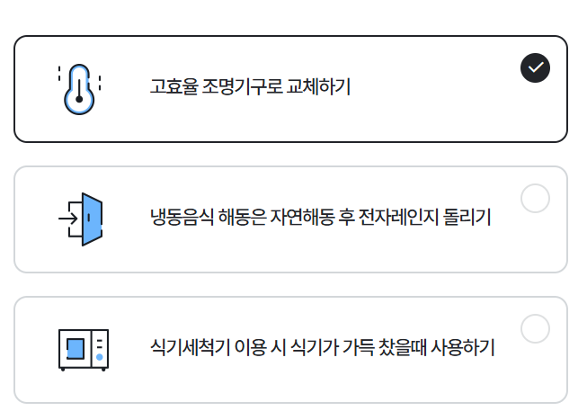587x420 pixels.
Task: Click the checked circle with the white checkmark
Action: point(535,67)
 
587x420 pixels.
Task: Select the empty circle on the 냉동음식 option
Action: point(535,198)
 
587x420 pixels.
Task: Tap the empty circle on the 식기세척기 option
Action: point(535,328)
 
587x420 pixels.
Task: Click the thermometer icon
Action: point(79,89)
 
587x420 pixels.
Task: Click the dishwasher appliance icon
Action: point(83,349)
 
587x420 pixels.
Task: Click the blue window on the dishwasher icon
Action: point(76,348)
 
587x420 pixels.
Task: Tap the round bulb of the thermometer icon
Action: point(79,100)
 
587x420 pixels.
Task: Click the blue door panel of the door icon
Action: point(92,219)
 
